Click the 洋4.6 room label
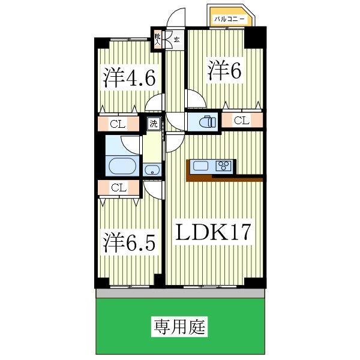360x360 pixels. [x=129, y=78]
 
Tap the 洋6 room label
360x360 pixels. [x=224, y=71]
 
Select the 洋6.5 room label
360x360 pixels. [x=129, y=242]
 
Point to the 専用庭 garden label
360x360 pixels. [x=179, y=327]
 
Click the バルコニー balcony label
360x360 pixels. [x=229, y=19]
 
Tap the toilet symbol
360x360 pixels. [x=208, y=122]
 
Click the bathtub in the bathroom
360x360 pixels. [x=122, y=166]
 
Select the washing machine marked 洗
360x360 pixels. [x=154, y=124]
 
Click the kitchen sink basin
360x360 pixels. [x=200, y=166]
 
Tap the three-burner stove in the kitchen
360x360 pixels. [x=223, y=166]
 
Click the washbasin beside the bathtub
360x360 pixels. [x=152, y=170]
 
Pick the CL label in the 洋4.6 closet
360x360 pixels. [x=118, y=124]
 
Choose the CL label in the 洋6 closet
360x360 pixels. [x=242, y=120]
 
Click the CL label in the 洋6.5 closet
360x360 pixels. [x=119, y=188]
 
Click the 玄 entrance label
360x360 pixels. [x=176, y=40]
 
